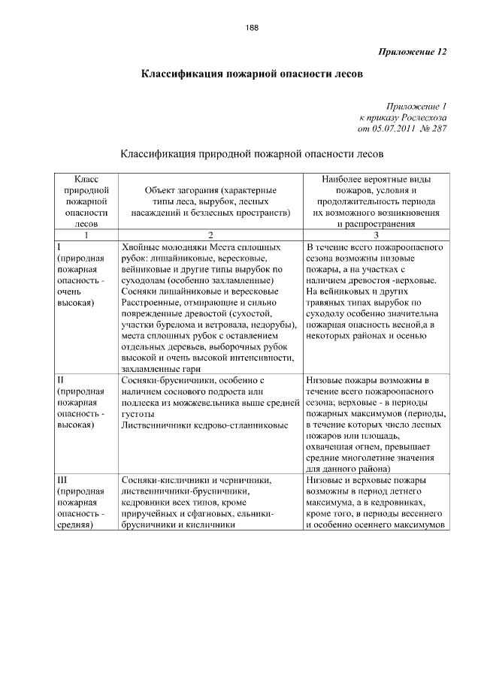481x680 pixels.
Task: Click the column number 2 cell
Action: [211, 234]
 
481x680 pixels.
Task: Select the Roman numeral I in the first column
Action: [59, 246]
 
